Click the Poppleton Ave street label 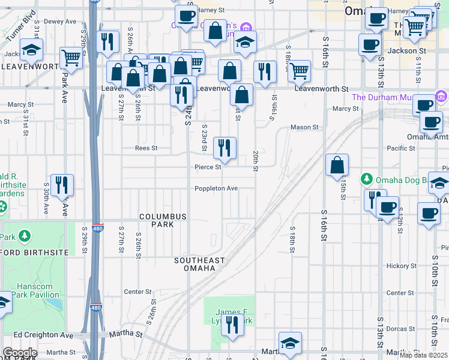[216, 188]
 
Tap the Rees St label [146, 148]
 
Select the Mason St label [304, 127]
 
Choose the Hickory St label [400, 265]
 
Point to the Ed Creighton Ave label [43, 335]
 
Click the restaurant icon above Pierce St [224, 148]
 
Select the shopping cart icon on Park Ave [71, 58]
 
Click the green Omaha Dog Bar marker [367, 179]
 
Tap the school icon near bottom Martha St [290, 343]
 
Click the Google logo [20, 353]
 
